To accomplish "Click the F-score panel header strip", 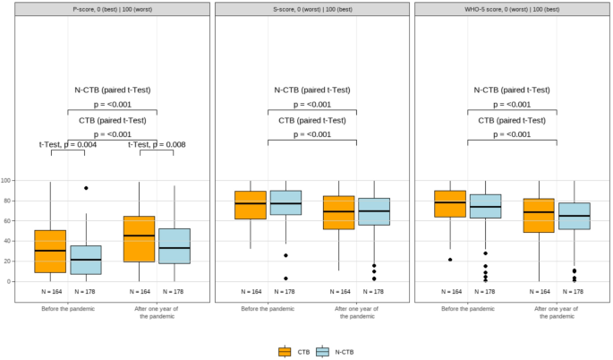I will (x=112, y=9).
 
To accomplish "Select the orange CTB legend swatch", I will (x=285, y=352).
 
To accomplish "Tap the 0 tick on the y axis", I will (x=10, y=281).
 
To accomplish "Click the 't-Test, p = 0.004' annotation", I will (x=68, y=144).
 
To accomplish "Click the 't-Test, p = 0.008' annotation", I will (x=157, y=144).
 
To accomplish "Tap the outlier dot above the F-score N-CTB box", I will (x=86, y=188).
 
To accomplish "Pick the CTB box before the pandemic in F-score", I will (x=50, y=251).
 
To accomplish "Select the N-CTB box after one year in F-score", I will (x=175, y=245).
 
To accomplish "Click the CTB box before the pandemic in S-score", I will (x=251, y=205).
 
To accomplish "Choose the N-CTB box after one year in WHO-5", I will (x=574, y=216).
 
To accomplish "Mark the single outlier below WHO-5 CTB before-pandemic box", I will (x=450, y=260).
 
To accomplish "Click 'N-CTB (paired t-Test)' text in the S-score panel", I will (x=312, y=90).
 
